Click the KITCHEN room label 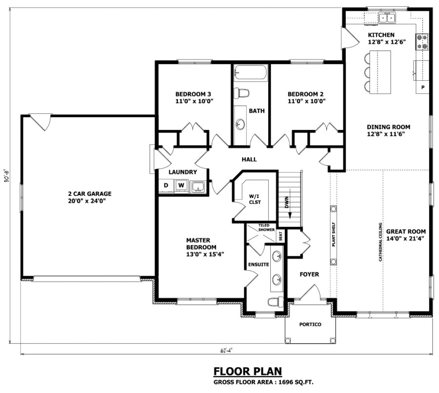(381, 35)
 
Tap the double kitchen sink (387, 18)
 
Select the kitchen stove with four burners (422, 42)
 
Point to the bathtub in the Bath (250, 73)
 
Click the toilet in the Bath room (241, 93)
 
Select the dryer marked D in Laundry (166, 186)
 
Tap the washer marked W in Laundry (180, 186)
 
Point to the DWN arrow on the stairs (287, 202)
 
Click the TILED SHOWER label (267, 227)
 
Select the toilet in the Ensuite (276, 301)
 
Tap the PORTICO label (310, 325)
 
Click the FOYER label (309, 274)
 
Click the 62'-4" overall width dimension (226, 349)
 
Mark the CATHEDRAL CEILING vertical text (380, 243)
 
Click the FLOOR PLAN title (247, 371)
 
